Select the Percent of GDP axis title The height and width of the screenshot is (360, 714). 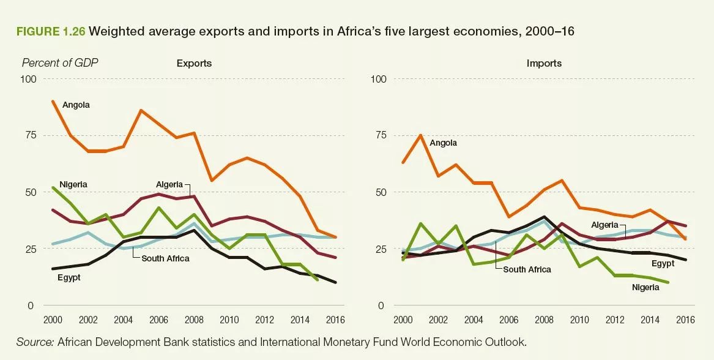60,63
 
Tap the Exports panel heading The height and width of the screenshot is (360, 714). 194,63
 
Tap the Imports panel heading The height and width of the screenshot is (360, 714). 544,63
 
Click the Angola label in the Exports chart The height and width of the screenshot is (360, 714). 76,105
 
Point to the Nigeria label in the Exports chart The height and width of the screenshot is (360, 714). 73,184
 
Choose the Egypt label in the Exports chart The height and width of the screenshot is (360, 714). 69,277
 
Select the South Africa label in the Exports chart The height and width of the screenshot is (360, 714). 165,258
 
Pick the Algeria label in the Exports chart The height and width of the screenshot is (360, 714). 169,184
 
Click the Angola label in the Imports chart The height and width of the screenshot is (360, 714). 443,143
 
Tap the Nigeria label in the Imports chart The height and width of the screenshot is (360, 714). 645,287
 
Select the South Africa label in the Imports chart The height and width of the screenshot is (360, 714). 527,269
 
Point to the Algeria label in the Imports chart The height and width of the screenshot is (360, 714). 604,225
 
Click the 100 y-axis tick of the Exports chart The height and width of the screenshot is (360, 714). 29,79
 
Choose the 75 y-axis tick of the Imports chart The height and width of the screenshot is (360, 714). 381,135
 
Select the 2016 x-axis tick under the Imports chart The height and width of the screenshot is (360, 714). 685,320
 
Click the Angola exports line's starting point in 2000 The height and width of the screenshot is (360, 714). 53,101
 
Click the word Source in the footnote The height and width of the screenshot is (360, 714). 34,342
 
